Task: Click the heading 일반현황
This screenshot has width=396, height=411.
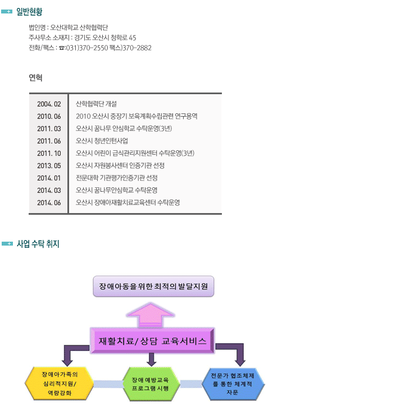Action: pyautogui.click(x=29, y=12)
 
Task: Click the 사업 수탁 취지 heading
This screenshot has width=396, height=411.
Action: pyautogui.click(x=38, y=244)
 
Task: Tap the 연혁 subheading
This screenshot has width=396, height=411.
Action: pyautogui.click(x=36, y=77)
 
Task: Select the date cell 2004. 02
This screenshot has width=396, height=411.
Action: pyautogui.click(x=49, y=104)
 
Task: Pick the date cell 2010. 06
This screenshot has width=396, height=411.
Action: pyautogui.click(x=49, y=116)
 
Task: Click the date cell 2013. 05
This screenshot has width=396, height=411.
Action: pyautogui.click(x=49, y=165)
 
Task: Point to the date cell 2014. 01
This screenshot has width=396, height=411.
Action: pyautogui.click(x=49, y=178)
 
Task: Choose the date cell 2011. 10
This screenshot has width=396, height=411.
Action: pyautogui.click(x=49, y=153)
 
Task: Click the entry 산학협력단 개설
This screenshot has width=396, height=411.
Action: pyautogui.click(x=96, y=104)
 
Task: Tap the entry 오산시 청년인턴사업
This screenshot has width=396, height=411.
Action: pyautogui.click(x=102, y=141)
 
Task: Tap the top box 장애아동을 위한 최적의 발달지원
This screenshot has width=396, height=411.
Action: pyautogui.click(x=153, y=287)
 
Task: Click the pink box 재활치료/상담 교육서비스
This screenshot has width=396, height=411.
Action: pyautogui.click(x=153, y=341)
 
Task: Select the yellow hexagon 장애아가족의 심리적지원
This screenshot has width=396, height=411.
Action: pyautogui.click(x=59, y=383)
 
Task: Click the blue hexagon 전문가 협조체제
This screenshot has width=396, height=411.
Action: pyautogui.click(x=233, y=383)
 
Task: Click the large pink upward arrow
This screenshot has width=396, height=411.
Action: pyautogui.click(x=153, y=314)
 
